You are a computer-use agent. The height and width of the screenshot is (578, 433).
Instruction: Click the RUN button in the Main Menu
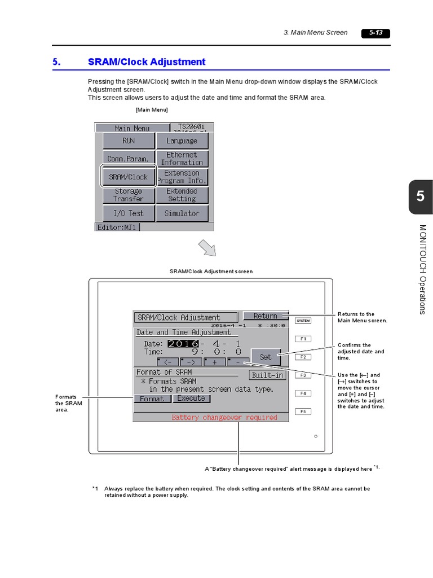(x=129, y=141)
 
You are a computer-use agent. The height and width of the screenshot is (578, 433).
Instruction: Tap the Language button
(x=182, y=141)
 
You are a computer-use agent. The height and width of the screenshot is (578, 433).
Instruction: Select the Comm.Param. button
(x=129, y=159)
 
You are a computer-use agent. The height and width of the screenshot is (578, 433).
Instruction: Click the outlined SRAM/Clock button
(x=129, y=177)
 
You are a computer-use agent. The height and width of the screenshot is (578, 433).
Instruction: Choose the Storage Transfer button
(x=129, y=195)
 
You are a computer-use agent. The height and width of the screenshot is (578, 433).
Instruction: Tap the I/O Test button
(x=129, y=213)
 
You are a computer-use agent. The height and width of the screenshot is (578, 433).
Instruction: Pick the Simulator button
(x=182, y=213)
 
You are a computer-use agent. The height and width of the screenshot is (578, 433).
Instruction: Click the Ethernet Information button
(x=182, y=159)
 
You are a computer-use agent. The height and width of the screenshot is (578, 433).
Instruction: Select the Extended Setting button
(x=182, y=195)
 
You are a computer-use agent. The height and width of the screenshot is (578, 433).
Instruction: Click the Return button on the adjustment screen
(x=265, y=316)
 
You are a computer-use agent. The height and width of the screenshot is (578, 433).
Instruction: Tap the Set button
(x=265, y=357)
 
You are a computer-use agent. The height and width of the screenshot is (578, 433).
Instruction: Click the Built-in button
(x=268, y=375)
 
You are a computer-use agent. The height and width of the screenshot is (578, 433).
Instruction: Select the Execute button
(x=192, y=399)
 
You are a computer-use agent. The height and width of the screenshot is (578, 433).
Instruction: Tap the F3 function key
(x=303, y=375)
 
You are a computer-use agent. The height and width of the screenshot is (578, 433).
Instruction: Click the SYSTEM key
(x=303, y=321)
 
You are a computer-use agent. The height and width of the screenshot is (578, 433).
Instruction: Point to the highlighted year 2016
(x=183, y=344)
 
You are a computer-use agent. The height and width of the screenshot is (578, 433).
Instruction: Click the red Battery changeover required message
(x=224, y=418)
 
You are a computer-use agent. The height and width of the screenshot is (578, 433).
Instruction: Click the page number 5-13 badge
(x=375, y=33)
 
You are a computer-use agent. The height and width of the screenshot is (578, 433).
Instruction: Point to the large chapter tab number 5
(x=420, y=197)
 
